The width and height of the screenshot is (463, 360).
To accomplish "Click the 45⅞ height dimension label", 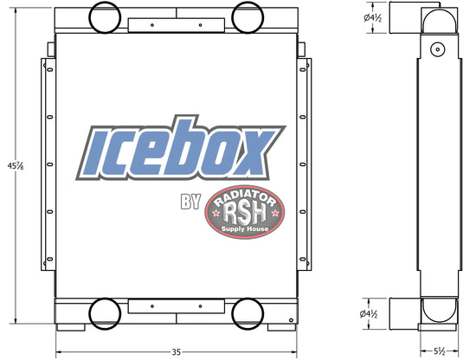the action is (16, 166).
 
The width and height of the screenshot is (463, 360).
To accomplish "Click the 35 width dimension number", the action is (176, 352).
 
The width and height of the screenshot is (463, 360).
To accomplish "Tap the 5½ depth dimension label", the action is (440, 351).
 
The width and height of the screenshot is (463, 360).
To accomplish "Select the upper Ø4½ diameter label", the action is (373, 17).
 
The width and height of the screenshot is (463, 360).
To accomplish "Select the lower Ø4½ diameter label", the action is (369, 313).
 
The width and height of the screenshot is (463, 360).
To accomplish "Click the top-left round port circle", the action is (105, 17).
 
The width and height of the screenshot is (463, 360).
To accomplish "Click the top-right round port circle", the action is (248, 17).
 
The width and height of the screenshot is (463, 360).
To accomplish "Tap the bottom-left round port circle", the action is (105, 313).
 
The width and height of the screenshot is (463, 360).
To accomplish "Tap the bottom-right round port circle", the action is (248, 313).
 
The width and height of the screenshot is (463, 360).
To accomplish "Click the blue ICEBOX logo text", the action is (181, 148).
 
